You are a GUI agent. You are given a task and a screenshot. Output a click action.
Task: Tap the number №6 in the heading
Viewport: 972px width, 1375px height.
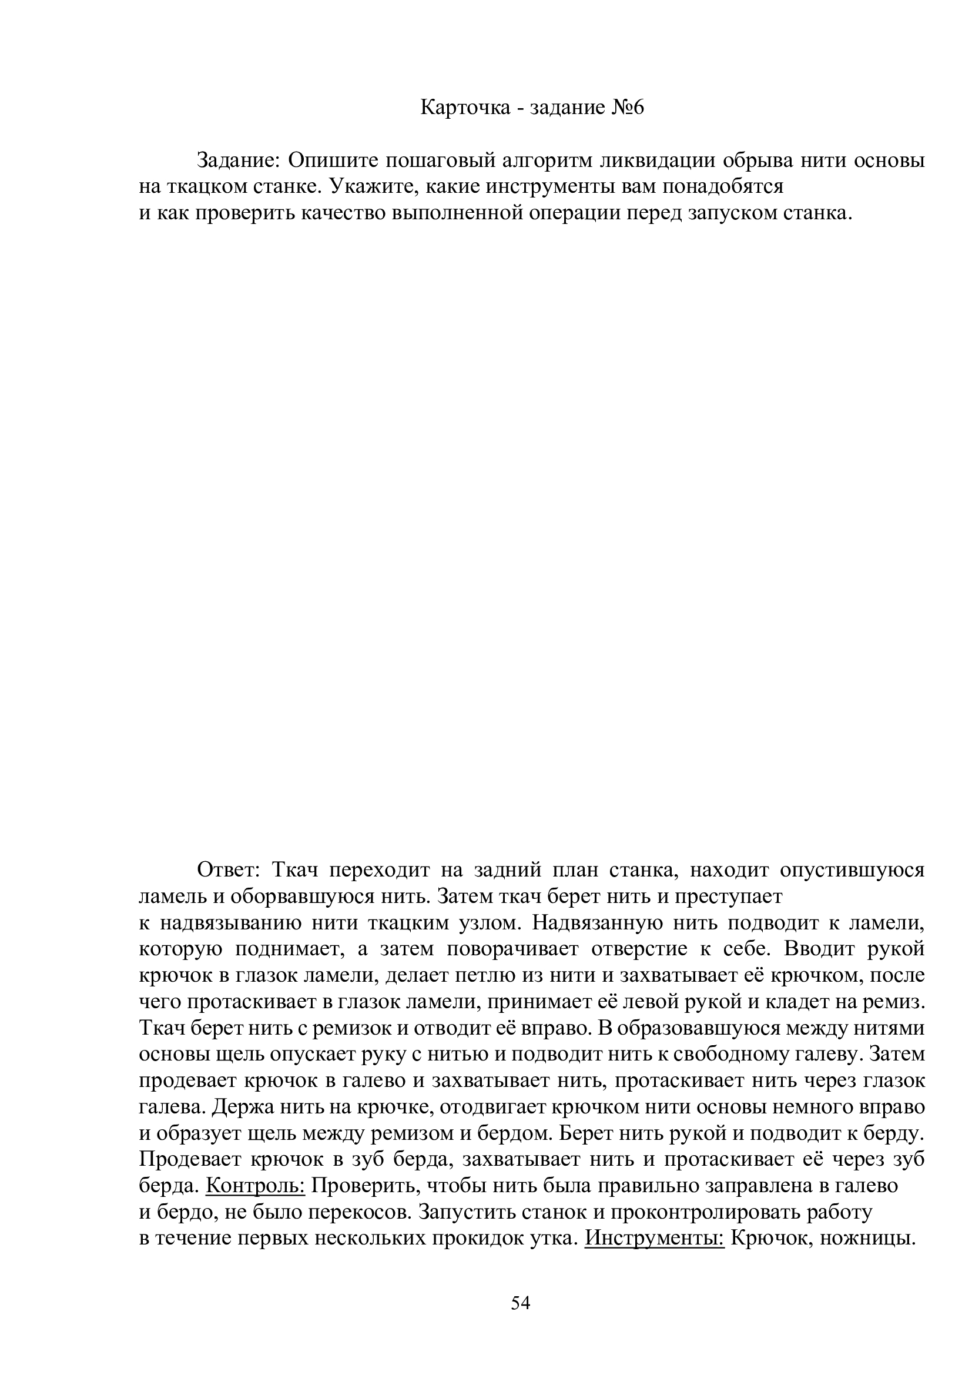point(626,108)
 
